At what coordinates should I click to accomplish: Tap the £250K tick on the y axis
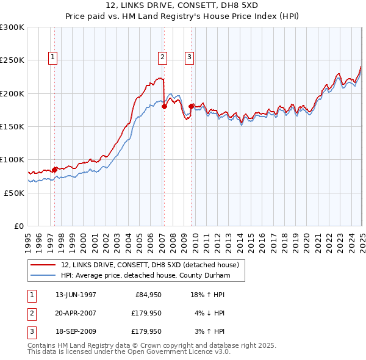[x=12, y=60]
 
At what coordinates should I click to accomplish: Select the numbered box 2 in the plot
[x=163, y=58]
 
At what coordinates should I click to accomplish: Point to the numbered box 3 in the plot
[x=190, y=58]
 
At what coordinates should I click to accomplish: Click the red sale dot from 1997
[x=55, y=169]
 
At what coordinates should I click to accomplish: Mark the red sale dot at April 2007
[x=164, y=107]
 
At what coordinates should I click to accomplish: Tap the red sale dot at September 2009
[x=191, y=107]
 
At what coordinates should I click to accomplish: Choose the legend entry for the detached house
[x=152, y=265]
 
